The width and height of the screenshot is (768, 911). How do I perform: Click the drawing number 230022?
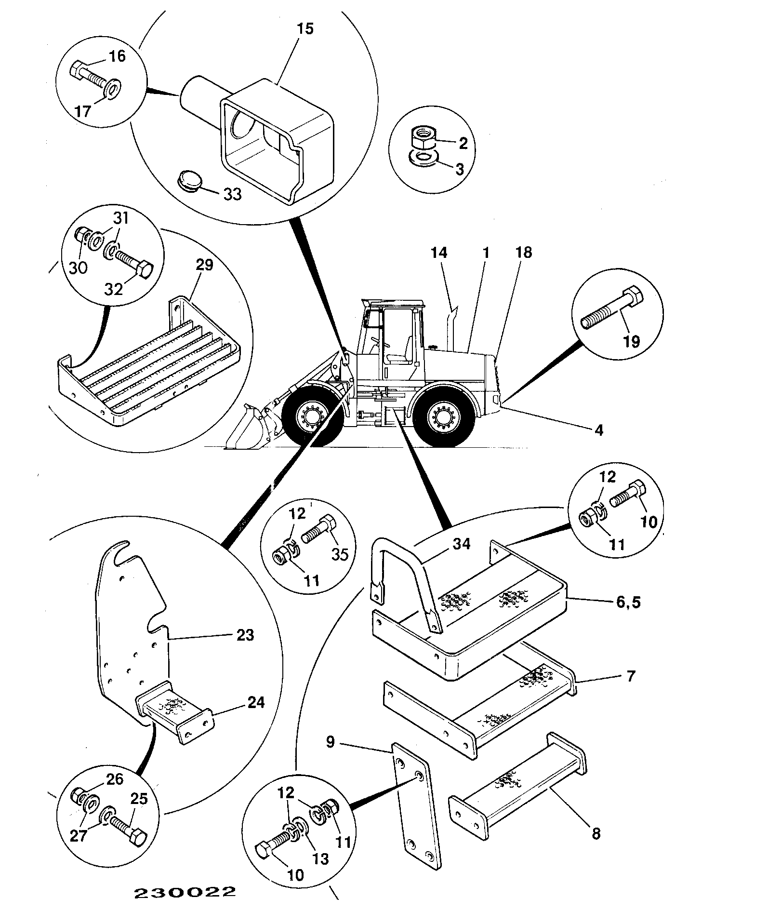[x=185, y=892]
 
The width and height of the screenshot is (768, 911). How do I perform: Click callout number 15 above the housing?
[x=305, y=29]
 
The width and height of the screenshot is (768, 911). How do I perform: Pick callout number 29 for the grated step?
[x=205, y=266]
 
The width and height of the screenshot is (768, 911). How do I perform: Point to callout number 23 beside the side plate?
[x=245, y=635]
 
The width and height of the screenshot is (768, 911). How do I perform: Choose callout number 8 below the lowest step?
[x=596, y=833]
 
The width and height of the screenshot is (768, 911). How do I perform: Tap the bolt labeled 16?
[x=90, y=77]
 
